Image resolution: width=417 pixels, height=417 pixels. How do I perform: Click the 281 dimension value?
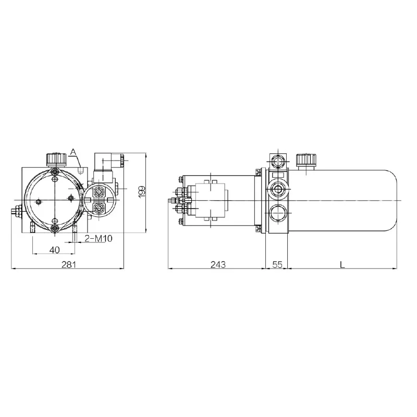69,265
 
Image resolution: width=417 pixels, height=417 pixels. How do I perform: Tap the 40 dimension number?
55,250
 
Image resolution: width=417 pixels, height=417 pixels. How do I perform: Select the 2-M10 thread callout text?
99,238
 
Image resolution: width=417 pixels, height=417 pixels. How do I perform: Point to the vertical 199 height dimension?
142,192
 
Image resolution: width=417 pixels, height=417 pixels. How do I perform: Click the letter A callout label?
73,152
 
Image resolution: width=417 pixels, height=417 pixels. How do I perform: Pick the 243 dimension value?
218,265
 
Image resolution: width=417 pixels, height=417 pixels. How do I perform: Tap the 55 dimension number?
277,265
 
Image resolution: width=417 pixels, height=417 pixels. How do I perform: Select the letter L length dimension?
342,265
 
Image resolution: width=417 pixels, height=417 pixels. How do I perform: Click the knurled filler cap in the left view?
56,159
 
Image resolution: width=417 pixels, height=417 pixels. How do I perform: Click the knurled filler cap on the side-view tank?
306,160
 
